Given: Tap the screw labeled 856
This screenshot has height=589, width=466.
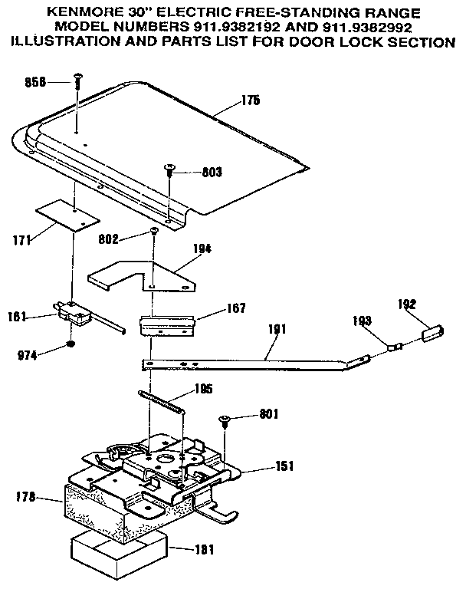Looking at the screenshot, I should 78,77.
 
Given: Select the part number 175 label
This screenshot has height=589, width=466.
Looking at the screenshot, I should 250,100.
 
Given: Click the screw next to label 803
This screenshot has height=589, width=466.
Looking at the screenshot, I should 169,169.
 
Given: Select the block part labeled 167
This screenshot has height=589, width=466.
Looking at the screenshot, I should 168,324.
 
